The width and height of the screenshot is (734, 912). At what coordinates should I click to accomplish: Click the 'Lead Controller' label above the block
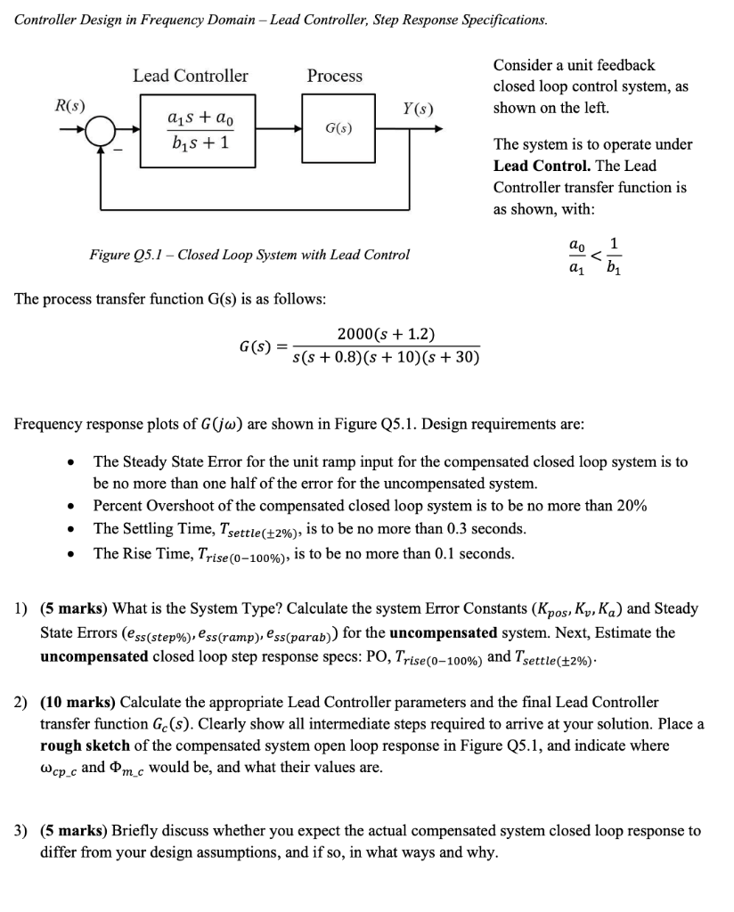191,76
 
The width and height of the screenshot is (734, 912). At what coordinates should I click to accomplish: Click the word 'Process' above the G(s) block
335,76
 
